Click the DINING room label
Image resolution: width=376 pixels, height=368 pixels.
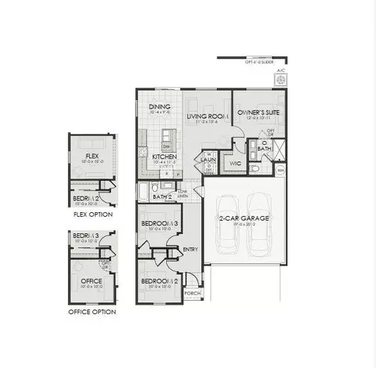tap(160, 107)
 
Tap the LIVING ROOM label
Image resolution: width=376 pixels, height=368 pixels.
tap(206, 117)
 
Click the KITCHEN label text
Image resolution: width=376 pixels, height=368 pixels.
tap(164, 157)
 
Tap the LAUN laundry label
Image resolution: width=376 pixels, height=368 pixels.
tap(208, 159)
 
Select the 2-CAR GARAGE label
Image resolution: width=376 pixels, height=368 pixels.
tap(239, 219)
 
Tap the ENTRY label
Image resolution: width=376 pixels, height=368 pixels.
tap(190, 250)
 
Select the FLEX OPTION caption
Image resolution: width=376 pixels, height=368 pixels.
tap(93, 214)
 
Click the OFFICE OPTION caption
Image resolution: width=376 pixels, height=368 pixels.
tap(92, 312)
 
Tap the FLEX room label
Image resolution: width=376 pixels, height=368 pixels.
tap(92, 157)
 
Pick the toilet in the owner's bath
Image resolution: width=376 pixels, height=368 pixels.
tap(256, 167)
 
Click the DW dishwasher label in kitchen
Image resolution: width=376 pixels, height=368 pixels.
tap(167, 146)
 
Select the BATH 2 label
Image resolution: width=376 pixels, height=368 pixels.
tap(164, 197)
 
